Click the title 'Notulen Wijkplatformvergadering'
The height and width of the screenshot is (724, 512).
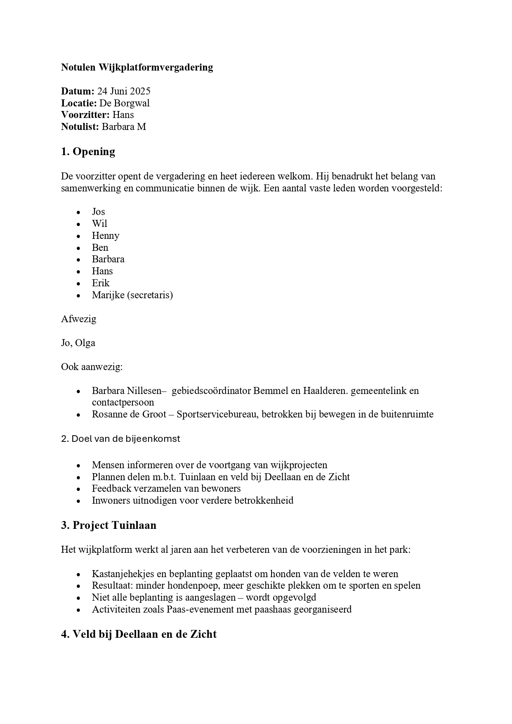[x=137, y=67]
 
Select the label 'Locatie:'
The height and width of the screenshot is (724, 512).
[x=79, y=103]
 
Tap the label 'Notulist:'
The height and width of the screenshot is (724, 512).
[x=80, y=127]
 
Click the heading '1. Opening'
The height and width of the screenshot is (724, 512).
[x=88, y=152]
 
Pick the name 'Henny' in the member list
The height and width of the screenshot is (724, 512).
[x=106, y=236]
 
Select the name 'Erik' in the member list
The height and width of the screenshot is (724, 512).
[x=101, y=283]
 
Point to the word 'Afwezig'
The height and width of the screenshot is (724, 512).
[x=78, y=319]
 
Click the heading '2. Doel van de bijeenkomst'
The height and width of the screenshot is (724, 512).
[x=120, y=439]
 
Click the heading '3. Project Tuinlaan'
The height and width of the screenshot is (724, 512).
[x=109, y=525]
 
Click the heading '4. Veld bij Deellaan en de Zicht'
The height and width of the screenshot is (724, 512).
[x=139, y=634]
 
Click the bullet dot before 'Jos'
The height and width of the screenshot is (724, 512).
[x=78, y=212]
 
